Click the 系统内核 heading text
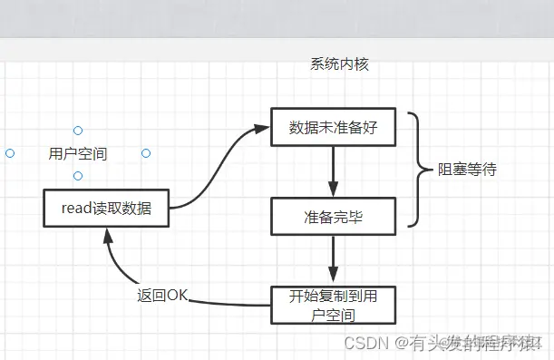coord(339,64)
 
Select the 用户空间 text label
coord(78,153)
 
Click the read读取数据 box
coord(106,209)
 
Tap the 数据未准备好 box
coord(334,127)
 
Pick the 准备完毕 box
coord(334,217)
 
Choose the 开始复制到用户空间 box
coord(334,306)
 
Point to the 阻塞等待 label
coord(467,170)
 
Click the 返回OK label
coord(162,296)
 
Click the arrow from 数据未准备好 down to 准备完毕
coord(334,171)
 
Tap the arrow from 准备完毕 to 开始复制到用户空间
coord(334,261)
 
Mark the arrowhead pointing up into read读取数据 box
coord(108,235)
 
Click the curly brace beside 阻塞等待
coord(418,170)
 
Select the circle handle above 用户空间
coord(78,131)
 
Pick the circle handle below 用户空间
coord(78,176)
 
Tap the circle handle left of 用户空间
coord(10,153)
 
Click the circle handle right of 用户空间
coord(146,153)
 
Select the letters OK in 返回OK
coord(177,296)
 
